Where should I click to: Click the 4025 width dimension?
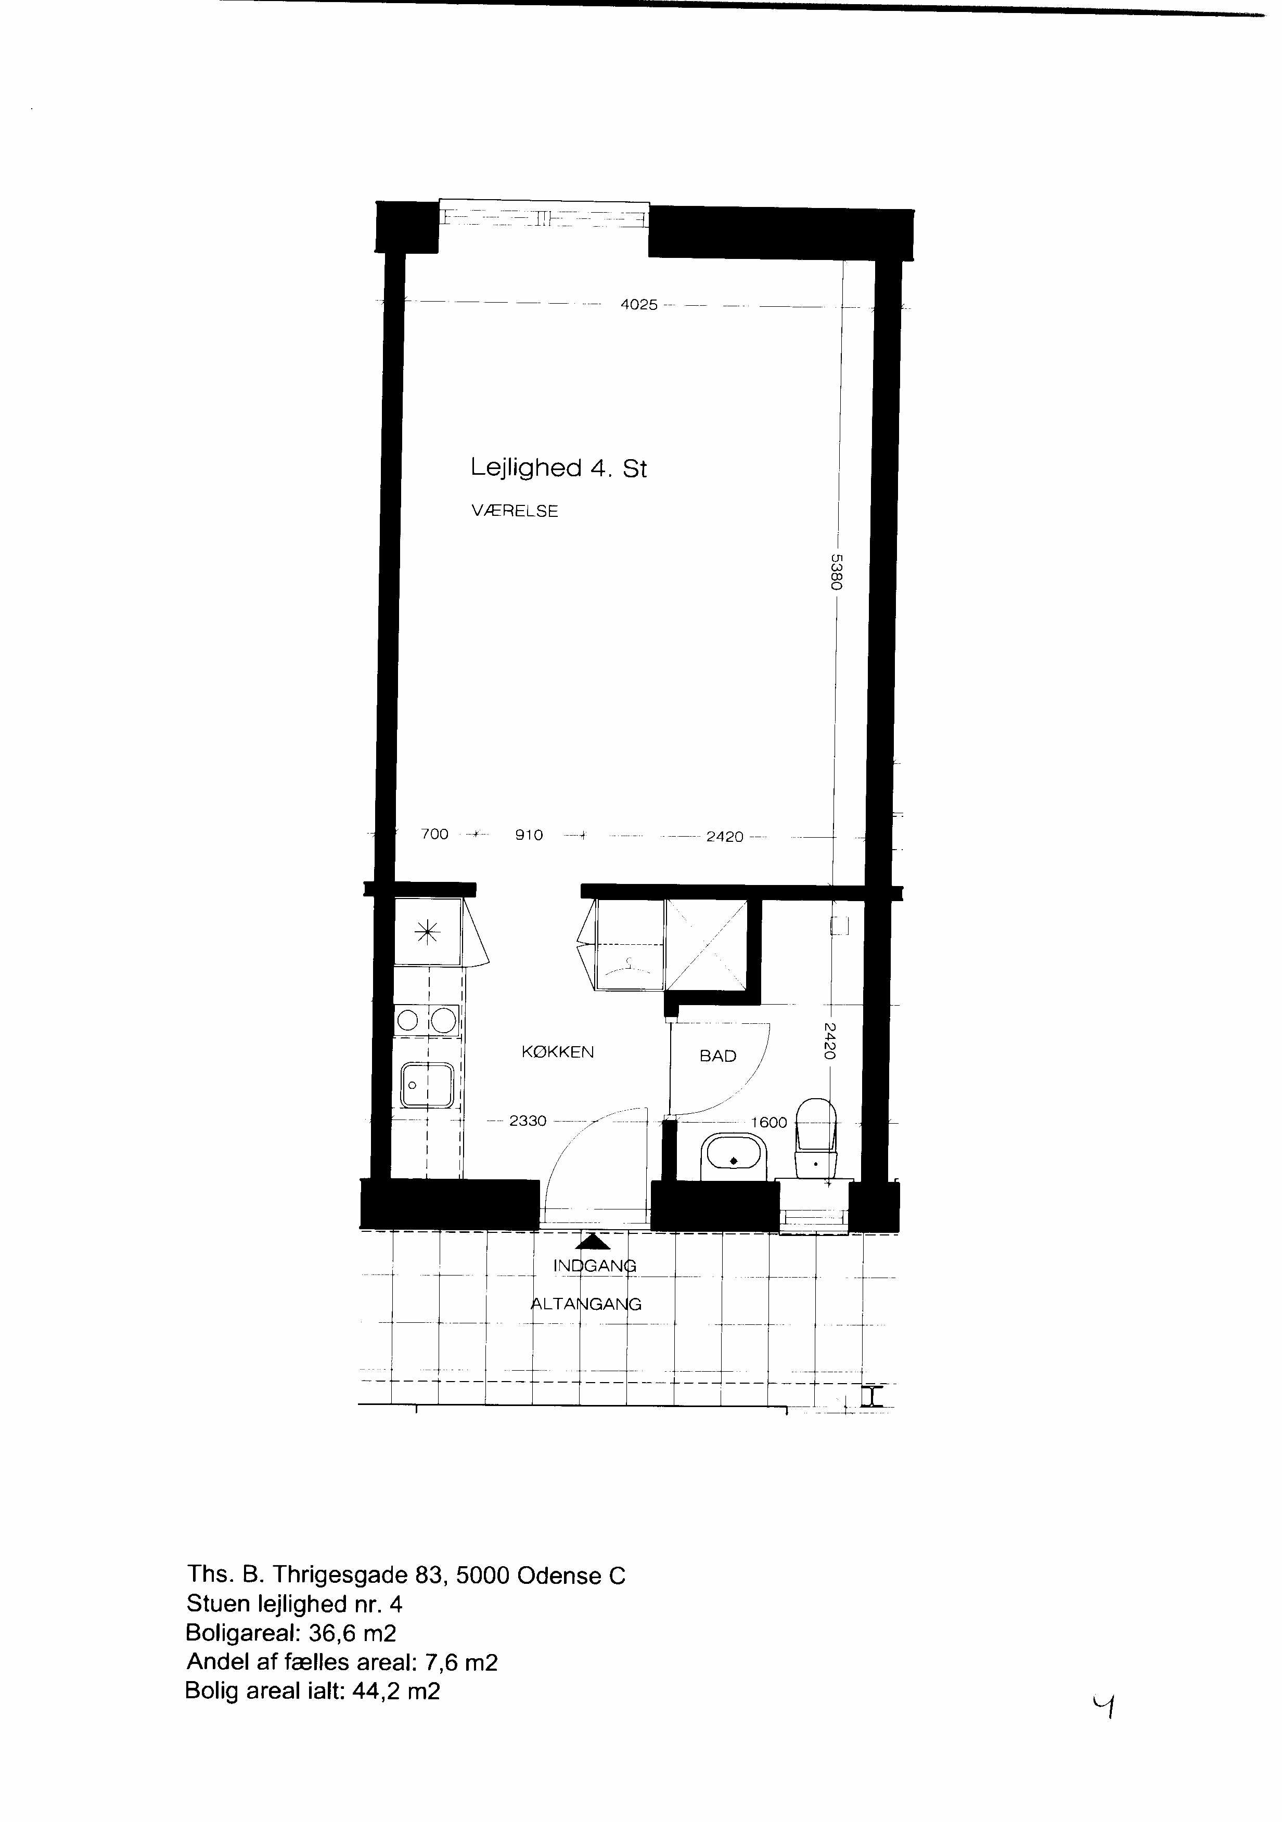click(639, 305)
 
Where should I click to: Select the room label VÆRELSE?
click(515, 511)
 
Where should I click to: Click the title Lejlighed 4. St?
click(558, 467)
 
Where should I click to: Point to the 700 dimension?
click(434, 834)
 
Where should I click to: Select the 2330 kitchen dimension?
click(528, 1121)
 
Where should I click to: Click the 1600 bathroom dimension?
click(769, 1123)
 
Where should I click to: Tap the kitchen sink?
click(427, 1085)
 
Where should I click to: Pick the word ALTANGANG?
click(586, 1304)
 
